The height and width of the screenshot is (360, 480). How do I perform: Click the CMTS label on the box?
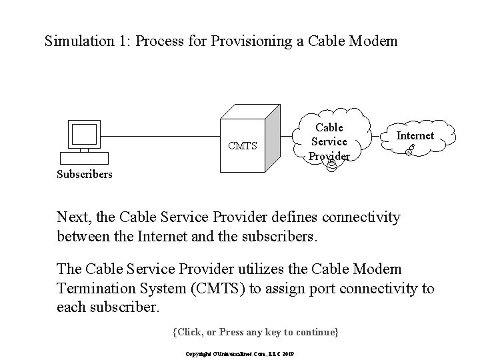click(242, 146)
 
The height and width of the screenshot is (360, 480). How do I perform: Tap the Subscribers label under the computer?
click(83, 175)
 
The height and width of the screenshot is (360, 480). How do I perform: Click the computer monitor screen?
click(84, 135)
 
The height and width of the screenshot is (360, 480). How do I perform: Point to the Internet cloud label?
click(415, 135)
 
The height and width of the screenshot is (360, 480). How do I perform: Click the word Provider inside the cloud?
click(329, 156)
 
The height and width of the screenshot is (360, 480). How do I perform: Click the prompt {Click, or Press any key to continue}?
click(255, 331)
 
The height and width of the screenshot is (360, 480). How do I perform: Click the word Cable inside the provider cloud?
click(329, 127)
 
